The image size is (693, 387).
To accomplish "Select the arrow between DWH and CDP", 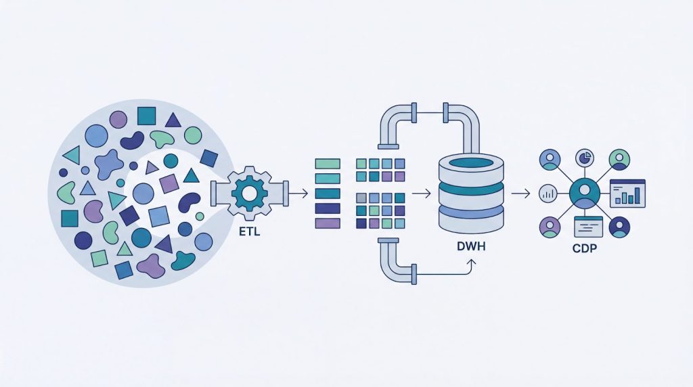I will click(520, 194).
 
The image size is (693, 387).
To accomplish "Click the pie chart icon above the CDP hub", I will click(584, 158).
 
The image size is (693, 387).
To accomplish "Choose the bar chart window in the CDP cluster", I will click(627, 193).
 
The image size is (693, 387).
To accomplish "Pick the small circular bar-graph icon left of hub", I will click(546, 194).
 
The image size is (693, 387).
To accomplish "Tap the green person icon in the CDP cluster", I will click(619, 160).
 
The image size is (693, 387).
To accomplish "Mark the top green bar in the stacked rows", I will click(328, 163).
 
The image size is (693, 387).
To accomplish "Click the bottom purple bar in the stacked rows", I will click(328, 223).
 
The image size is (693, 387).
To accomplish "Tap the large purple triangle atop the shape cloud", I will click(173, 120).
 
